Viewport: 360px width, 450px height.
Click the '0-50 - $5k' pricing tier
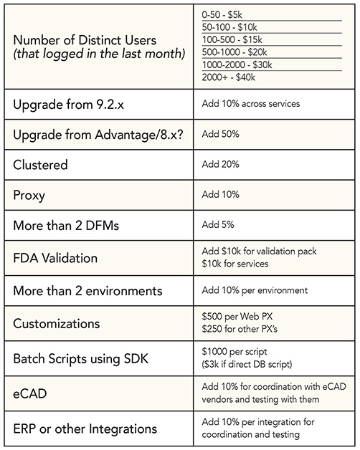222,14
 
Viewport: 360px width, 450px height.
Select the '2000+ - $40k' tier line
229,77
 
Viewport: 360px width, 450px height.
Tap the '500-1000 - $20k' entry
235,52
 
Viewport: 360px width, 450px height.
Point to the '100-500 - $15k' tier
232,39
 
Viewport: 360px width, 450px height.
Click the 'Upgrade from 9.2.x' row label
68,105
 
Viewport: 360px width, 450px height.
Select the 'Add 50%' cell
220,134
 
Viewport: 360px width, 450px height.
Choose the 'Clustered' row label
40,165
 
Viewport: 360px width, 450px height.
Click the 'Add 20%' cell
220,164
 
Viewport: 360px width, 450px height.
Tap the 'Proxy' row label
29,196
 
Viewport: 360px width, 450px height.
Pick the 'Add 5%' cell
218,224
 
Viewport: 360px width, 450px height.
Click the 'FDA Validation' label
55,258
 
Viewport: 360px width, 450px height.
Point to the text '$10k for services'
235,264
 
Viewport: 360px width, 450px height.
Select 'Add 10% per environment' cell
255,290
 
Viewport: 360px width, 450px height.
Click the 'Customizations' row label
57,324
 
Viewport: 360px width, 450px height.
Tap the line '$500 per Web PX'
237,316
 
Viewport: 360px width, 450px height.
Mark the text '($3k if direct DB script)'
247,365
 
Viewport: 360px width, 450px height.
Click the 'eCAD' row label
30,393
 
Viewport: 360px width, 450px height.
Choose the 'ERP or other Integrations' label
85,429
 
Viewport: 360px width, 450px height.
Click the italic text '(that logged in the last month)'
99,54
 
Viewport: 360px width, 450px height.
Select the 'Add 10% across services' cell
251,104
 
